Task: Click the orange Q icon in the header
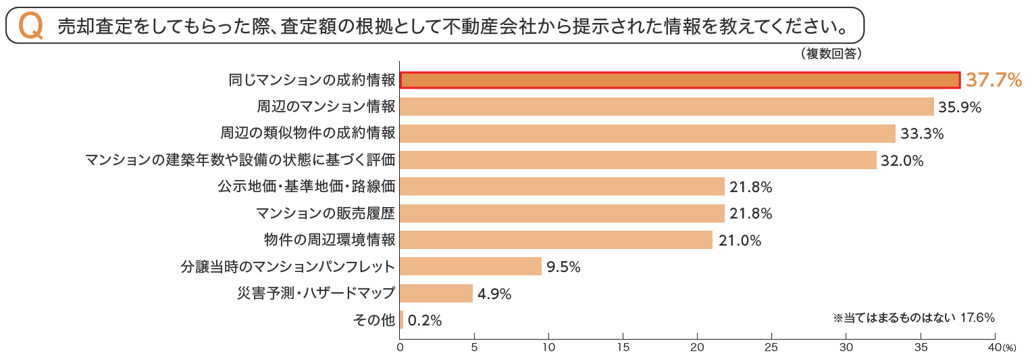31,26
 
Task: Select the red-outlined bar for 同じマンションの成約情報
679,80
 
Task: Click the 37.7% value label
994,81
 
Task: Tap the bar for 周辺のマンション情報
667,107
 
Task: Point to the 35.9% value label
959,107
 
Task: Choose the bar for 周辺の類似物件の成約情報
648,133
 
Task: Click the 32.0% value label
902,160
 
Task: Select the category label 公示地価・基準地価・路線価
306,187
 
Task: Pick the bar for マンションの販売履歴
562,213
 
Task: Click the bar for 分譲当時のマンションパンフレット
471,267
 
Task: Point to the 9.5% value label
563,267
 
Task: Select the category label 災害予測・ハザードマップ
315,293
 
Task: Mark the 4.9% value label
494,294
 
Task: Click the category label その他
373,320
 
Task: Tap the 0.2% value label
425,321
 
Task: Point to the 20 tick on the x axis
697,347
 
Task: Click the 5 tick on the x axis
474,347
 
